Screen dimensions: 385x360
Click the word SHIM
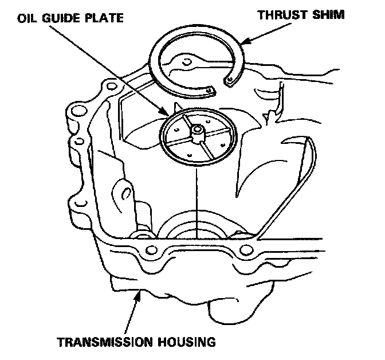click(x=327, y=14)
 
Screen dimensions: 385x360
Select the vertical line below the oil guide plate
click(x=197, y=195)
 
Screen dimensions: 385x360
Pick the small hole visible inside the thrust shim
click(x=186, y=61)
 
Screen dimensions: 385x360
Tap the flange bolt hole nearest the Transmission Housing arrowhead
click(x=151, y=250)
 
